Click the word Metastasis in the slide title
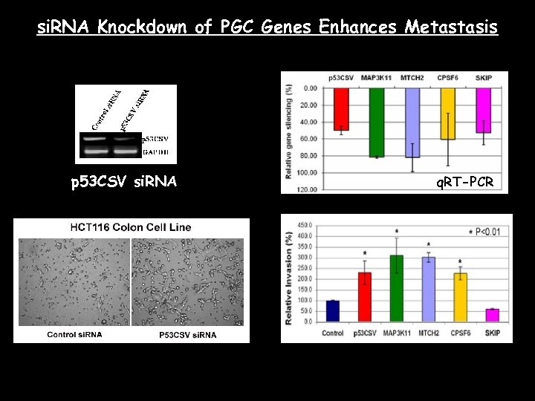pyautogui.click(x=451, y=27)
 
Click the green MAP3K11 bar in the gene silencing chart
pyautogui.click(x=376, y=122)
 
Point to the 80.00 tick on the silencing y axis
pyautogui.click(x=308, y=155)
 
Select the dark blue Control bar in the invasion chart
pyautogui.click(x=333, y=311)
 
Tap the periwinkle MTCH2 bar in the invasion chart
pyautogui.click(x=428, y=290)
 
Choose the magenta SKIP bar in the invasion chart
pyautogui.click(x=492, y=316)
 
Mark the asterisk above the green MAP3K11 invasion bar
pyautogui.click(x=397, y=232)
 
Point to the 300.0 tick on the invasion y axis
pyautogui.click(x=305, y=258)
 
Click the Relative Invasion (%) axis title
pyautogui.click(x=288, y=277)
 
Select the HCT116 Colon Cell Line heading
pyautogui.click(x=132, y=227)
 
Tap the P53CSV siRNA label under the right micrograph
pyautogui.click(x=187, y=335)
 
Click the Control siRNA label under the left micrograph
pyautogui.click(x=74, y=335)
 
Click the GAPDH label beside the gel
pyautogui.click(x=155, y=151)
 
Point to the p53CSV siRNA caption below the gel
pyautogui.click(x=123, y=181)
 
